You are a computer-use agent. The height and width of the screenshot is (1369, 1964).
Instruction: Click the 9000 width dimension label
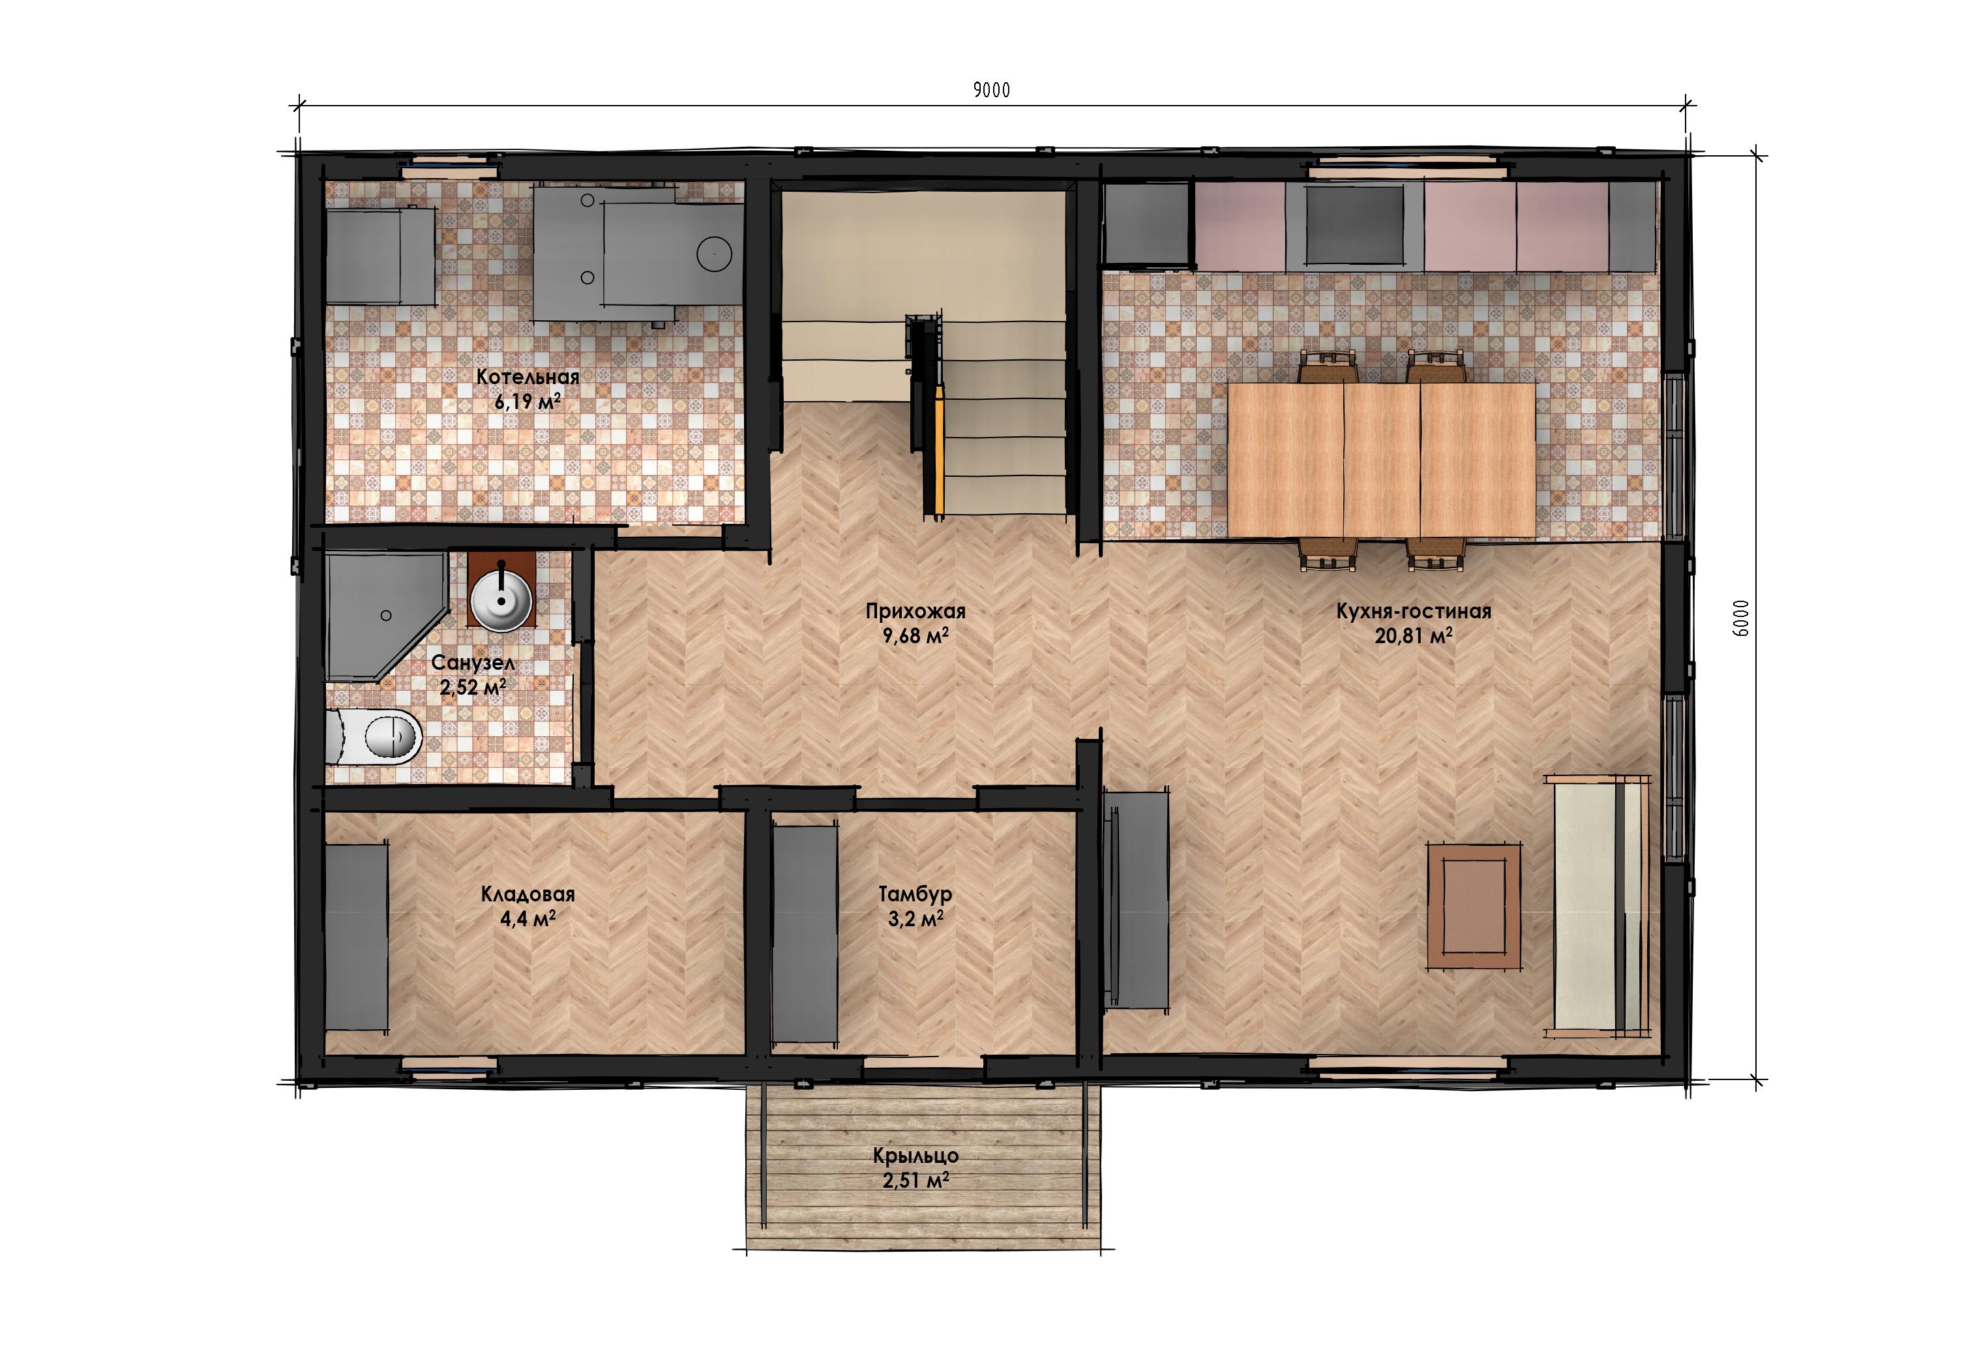[991, 90]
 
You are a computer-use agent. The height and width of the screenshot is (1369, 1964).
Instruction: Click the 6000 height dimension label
[1740, 617]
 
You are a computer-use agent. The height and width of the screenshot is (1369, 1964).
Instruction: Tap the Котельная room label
[528, 376]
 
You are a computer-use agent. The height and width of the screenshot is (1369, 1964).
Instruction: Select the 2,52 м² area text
[472, 686]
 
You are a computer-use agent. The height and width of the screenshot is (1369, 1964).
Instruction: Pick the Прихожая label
[915, 611]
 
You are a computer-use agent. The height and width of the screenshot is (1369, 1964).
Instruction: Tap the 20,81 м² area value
[1413, 636]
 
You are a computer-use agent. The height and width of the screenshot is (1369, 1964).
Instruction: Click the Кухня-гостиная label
[1413, 611]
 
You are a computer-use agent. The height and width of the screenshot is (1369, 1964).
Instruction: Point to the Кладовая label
[528, 894]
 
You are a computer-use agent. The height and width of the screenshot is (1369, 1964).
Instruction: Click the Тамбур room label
[915, 894]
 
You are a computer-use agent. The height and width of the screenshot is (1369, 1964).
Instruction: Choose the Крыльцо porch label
[915, 1156]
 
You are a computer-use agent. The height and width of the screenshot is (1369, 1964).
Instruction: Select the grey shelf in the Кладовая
[357, 937]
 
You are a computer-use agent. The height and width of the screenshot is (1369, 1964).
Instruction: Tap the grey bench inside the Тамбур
[805, 932]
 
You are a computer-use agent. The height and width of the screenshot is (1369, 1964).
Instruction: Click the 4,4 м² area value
[528, 919]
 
